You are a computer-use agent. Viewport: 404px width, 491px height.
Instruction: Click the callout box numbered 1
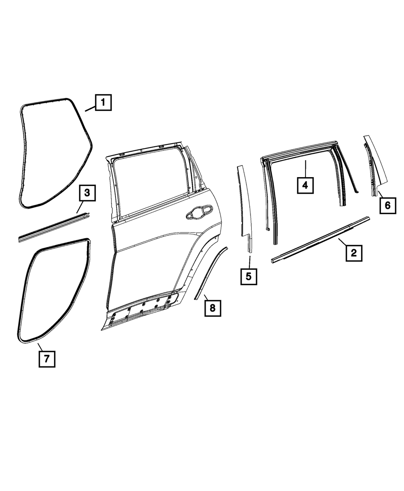(103, 103)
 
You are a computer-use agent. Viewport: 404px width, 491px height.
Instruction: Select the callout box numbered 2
(353, 253)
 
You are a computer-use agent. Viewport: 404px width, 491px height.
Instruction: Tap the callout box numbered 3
(87, 193)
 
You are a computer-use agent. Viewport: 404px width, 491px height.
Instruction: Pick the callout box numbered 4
(305, 185)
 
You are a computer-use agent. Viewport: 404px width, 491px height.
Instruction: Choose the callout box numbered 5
(248, 276)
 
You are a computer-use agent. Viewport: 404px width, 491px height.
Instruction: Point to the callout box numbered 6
(387, 205)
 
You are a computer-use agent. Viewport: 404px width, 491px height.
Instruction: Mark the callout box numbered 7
(47, 358)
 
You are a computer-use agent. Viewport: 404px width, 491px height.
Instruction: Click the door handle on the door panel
(198, 212)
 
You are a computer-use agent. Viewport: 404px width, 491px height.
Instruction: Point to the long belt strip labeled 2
(321, 238)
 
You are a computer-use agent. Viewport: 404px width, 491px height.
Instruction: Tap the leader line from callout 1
(90, 108)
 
